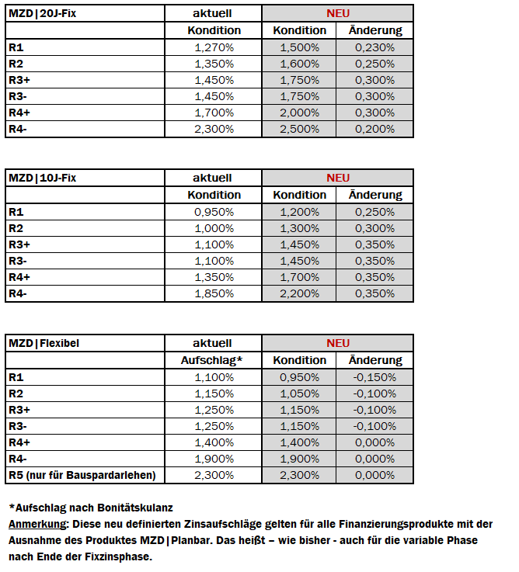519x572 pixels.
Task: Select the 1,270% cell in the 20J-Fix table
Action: (214, 47)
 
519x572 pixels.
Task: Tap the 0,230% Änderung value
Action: (375, 47)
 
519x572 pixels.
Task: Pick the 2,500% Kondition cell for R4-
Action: (299, 130)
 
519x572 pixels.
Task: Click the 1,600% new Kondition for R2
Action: (299, 64)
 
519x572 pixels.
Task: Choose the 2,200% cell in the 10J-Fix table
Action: (299, 294)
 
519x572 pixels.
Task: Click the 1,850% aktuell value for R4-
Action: (214, 294)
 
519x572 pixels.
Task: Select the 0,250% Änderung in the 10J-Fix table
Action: (375, 212)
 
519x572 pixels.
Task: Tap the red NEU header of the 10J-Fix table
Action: (338, 178)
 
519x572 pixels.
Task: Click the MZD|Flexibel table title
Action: (44, 343)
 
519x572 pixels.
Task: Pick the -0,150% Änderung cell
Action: (374, 377)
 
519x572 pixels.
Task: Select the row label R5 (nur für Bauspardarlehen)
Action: (82, 475)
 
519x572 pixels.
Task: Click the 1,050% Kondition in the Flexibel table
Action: (299, 393)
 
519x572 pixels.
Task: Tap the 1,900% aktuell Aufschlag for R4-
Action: (214, 459)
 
